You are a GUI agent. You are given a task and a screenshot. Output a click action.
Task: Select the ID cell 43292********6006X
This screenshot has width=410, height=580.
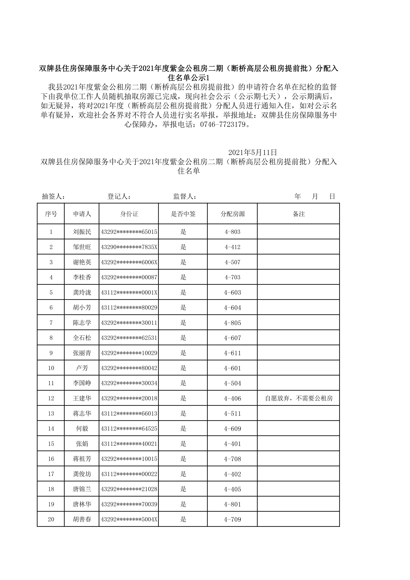tap(129, 262)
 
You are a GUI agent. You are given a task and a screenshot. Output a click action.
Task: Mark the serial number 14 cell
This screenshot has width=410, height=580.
tap(51, 429)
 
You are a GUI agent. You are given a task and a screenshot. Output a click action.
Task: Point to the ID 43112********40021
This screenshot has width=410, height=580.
tap(129, 444)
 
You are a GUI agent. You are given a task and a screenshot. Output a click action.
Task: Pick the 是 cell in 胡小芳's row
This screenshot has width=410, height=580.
tap(183, 308)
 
